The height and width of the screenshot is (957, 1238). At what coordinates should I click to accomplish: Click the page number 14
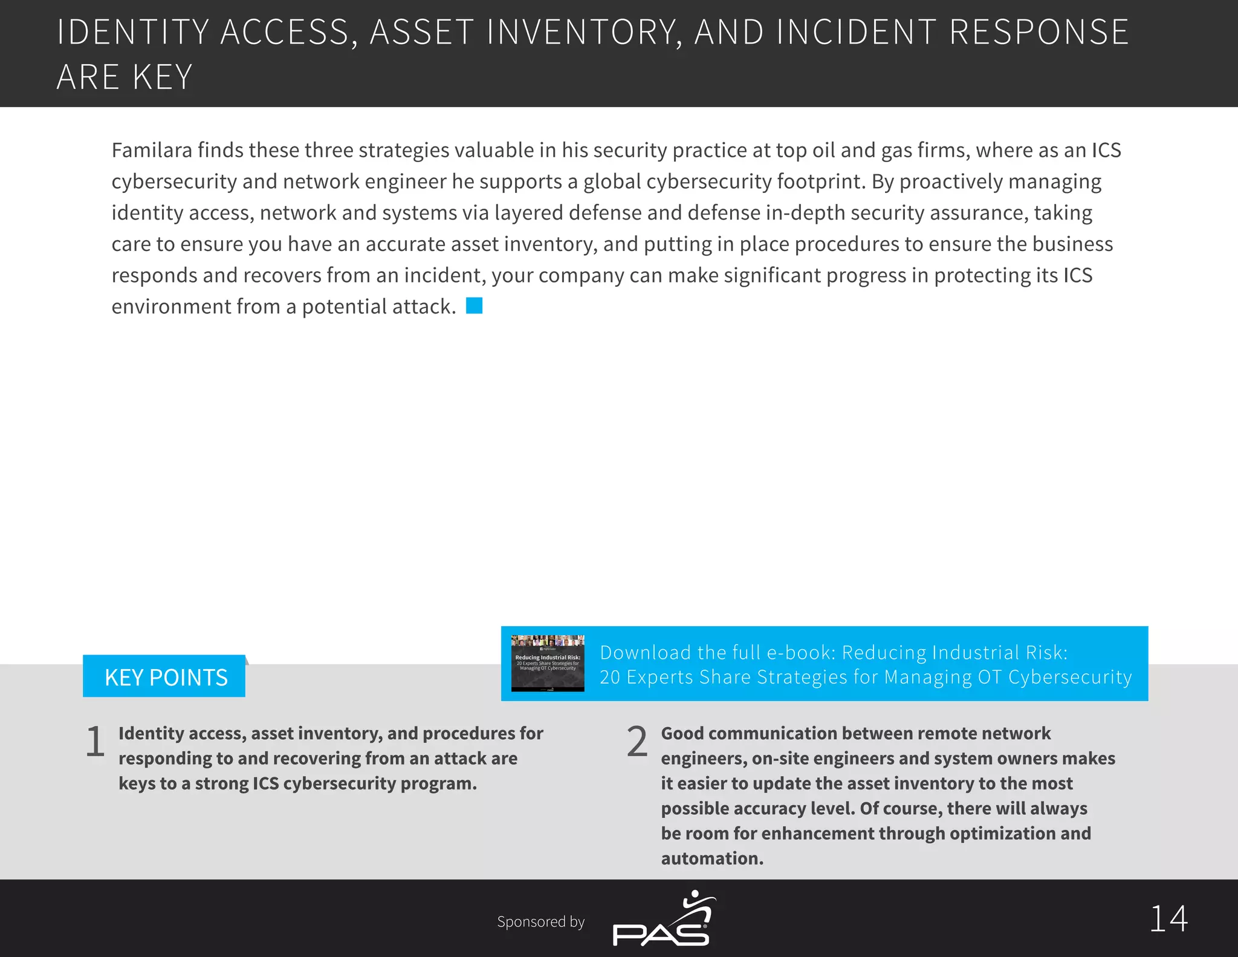tap(1168, 919)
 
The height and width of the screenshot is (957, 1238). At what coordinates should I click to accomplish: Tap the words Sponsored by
tap(540, 922)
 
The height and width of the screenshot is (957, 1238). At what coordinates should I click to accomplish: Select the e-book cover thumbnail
tap(548, 664)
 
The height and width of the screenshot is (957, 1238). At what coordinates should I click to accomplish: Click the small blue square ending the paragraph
tap(475, 306)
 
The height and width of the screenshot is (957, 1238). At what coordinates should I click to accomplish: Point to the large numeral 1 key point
tap(95, 742)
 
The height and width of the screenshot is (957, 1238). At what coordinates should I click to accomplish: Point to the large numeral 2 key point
tap(637, 742)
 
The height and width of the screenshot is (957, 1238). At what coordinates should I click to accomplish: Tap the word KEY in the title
tap(162, 77)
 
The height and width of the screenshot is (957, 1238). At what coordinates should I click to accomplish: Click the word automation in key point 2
tap(711, 858)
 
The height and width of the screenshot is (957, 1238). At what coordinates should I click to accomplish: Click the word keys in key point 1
tap(136, 783)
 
